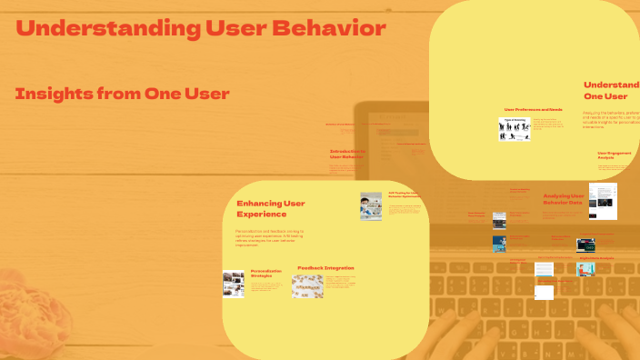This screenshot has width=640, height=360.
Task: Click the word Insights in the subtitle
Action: (x=57, y=94)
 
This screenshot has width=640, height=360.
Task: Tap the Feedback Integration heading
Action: (x=325, y=268)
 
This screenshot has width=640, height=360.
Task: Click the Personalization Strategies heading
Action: (x=267, y=273)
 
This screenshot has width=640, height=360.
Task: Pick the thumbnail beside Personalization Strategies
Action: (x=234, y=284)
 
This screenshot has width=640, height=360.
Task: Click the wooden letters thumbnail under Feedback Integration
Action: (x=307, y=285)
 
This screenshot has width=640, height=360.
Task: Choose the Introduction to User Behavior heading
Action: (x=347, y=155)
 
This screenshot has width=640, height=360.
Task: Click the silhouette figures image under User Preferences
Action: (x=514, y=129)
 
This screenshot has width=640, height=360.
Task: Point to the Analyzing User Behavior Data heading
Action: (x=563, y=199)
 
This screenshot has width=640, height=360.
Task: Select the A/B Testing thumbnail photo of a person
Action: (x=370, y=206)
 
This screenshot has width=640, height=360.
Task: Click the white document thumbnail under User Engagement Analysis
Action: (x=603, y=201)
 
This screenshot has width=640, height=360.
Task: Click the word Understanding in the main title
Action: (x=99, y=28)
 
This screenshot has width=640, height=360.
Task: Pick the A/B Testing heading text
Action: (x=405, y=195)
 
